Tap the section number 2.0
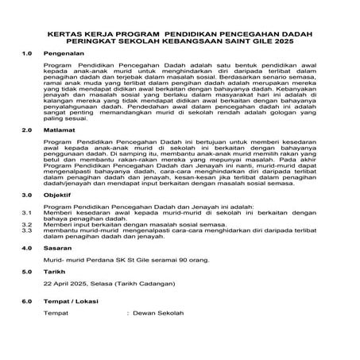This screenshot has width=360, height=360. [25, 129]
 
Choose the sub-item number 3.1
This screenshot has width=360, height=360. [25, 214]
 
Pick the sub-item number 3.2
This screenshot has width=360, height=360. [25, 226]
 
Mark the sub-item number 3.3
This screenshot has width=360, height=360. [25, 233]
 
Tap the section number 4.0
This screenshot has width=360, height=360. [25, 249]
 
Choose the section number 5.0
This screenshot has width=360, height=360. [25, 271]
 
